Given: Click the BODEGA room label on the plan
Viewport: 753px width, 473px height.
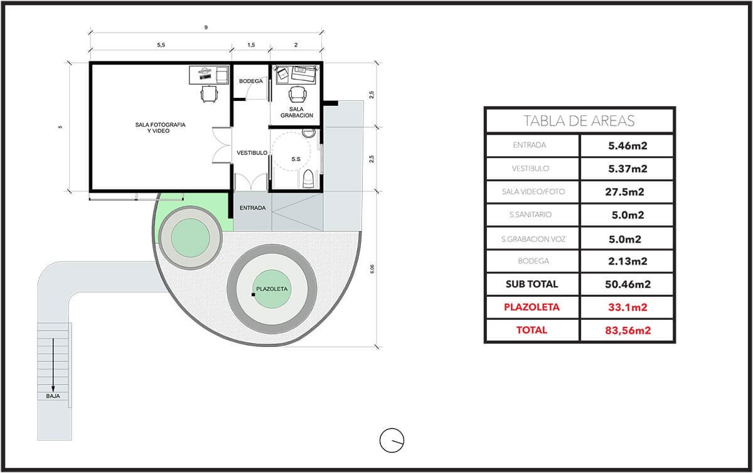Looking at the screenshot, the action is tap(251, 81).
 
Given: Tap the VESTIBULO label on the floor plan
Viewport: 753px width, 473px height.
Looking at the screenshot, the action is tap(252, 153).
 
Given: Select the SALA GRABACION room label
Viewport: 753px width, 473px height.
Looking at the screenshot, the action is tap(296, 112).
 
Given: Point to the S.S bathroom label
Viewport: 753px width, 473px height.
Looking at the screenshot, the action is tap(296, 159).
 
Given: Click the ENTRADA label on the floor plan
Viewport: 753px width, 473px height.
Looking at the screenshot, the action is tap(252, 208).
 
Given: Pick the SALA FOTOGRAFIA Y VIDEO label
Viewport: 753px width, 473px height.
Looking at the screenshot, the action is tap(161, 128).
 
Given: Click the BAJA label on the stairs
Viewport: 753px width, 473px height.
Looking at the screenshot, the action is tap(53, 396).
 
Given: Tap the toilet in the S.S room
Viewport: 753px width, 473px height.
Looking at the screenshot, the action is tap(308, 179).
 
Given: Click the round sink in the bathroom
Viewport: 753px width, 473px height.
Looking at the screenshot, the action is tap(308, 133).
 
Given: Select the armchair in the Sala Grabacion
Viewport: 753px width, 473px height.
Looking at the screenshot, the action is tap(297, 95).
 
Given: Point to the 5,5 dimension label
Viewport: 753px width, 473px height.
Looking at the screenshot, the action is tap(161, 45).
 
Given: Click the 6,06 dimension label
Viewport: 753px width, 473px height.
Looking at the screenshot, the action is tap(371, 269).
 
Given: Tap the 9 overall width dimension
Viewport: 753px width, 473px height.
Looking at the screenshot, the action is tap(206, 28).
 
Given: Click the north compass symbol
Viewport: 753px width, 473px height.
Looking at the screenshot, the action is tap(392, 440).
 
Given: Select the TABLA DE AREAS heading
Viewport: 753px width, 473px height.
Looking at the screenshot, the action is tap(579, 121).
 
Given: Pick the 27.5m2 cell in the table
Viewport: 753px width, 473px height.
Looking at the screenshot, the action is tap(625, 192).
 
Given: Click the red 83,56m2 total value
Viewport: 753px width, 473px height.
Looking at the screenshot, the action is tap(628, 331).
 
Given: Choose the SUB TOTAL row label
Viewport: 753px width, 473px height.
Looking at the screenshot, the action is tap(532, 284).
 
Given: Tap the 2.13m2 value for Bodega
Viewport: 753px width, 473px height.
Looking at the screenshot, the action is tap(627, 261).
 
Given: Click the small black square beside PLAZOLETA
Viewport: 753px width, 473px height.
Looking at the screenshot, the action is tap(253, 294).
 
